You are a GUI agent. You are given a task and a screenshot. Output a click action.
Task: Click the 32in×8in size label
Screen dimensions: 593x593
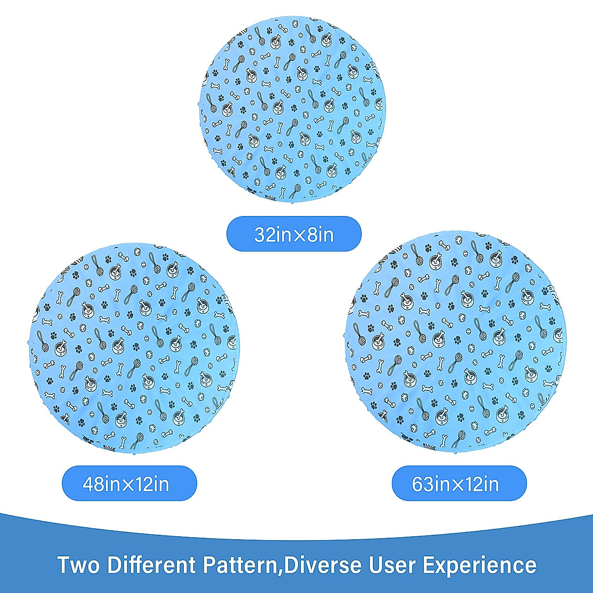click(294, 234)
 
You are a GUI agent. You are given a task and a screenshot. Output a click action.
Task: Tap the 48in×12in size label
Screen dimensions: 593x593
click(129, 483)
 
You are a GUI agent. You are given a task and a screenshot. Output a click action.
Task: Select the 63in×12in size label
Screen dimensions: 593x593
click(459, 483)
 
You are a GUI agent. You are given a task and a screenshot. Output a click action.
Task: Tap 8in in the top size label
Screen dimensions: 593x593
click(321, 234)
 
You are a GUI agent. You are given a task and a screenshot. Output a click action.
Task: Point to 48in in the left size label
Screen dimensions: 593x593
click(101, 484)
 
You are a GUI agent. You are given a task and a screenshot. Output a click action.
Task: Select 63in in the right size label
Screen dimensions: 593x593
click(431, 484)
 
